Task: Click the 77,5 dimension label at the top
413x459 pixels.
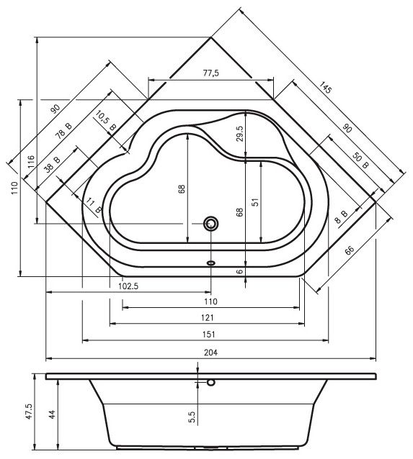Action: tap(211, 73)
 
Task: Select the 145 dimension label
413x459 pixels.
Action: tap(325, 88)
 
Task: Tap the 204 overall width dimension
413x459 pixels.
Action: tap(211, 353)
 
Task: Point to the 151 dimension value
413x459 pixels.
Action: tap(209, 334)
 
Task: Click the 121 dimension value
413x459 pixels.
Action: tap(208, 317)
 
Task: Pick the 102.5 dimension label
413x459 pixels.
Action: tap(128, 286)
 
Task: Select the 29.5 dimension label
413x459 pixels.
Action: tap(239, 134)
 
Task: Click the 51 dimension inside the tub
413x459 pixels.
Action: tap(256, 201)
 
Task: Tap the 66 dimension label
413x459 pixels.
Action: tap(349, 250)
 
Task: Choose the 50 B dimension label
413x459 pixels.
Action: tap(360, 160)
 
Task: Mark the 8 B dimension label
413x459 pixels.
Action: tap(342, 217)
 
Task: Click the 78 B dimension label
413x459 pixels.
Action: tap(63, 130)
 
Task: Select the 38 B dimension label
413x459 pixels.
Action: tap(53, 164)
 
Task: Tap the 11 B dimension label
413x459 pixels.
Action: tap(94, 205)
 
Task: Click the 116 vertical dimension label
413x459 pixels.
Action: tap(32, 162)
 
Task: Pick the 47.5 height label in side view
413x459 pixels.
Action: tap(29, 412)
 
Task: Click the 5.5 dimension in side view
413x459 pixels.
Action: tap(192, 417)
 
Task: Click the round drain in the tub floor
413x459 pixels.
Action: tap(211, 224)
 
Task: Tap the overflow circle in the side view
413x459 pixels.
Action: tap(211, 382)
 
